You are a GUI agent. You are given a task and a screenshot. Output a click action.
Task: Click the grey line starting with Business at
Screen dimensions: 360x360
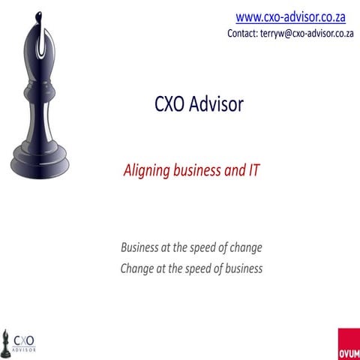click(x=191, y=247)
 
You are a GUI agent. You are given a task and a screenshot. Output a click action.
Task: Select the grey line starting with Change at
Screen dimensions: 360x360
click(x=191, y=268)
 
